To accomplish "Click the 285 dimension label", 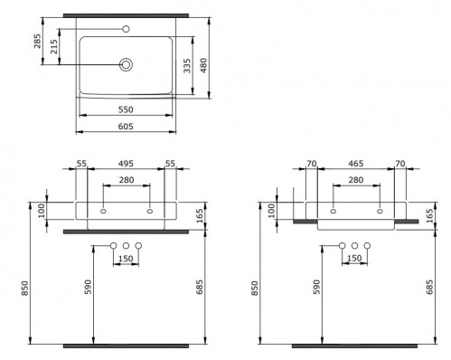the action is pos(37,41).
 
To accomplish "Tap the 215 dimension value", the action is pos(54,46).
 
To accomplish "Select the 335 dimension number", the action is pos(187,66).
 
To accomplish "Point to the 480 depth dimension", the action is pos(204,66).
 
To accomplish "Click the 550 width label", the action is pos(126,109).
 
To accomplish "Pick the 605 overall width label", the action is pos(126,126).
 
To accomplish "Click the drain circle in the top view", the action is pos(126,64).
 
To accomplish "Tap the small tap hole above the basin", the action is pos(127,29).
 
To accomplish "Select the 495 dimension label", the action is pos(126,164).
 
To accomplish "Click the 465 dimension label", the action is pos(356,164).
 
